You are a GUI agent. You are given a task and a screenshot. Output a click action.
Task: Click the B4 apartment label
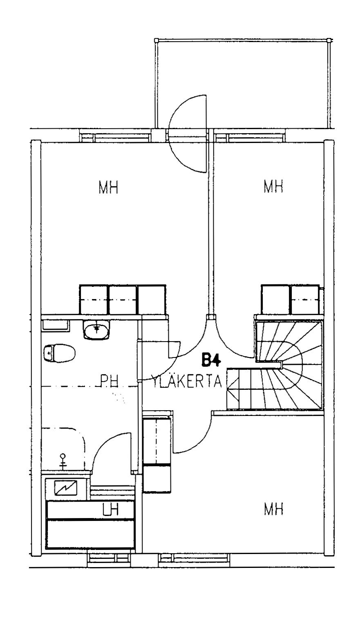point(211,360)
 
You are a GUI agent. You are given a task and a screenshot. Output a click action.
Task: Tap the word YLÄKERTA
point(187,381)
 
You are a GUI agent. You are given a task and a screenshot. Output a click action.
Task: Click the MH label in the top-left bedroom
point(108,188)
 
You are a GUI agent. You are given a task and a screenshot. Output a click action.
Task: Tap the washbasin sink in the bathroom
point(97,329)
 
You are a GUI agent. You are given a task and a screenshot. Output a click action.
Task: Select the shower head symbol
point(63,461)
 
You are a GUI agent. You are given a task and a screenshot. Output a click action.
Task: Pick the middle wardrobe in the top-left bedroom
point(123,299)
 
